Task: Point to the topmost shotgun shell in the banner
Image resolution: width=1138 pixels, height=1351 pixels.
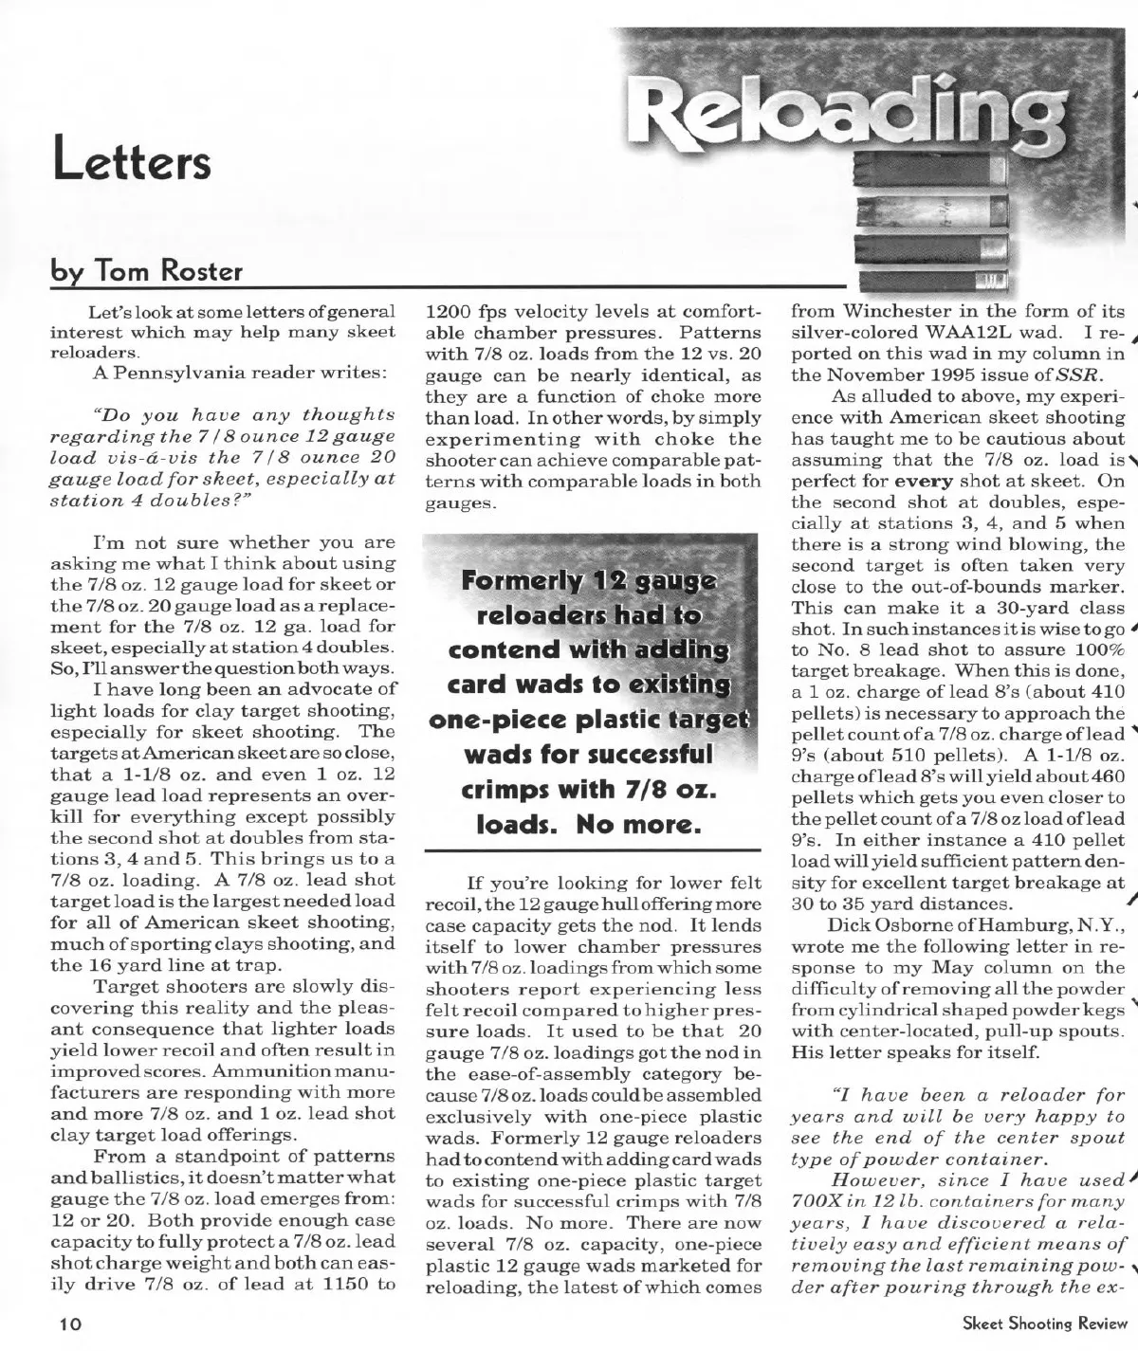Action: pyautogui.click(x=929, y=172)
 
